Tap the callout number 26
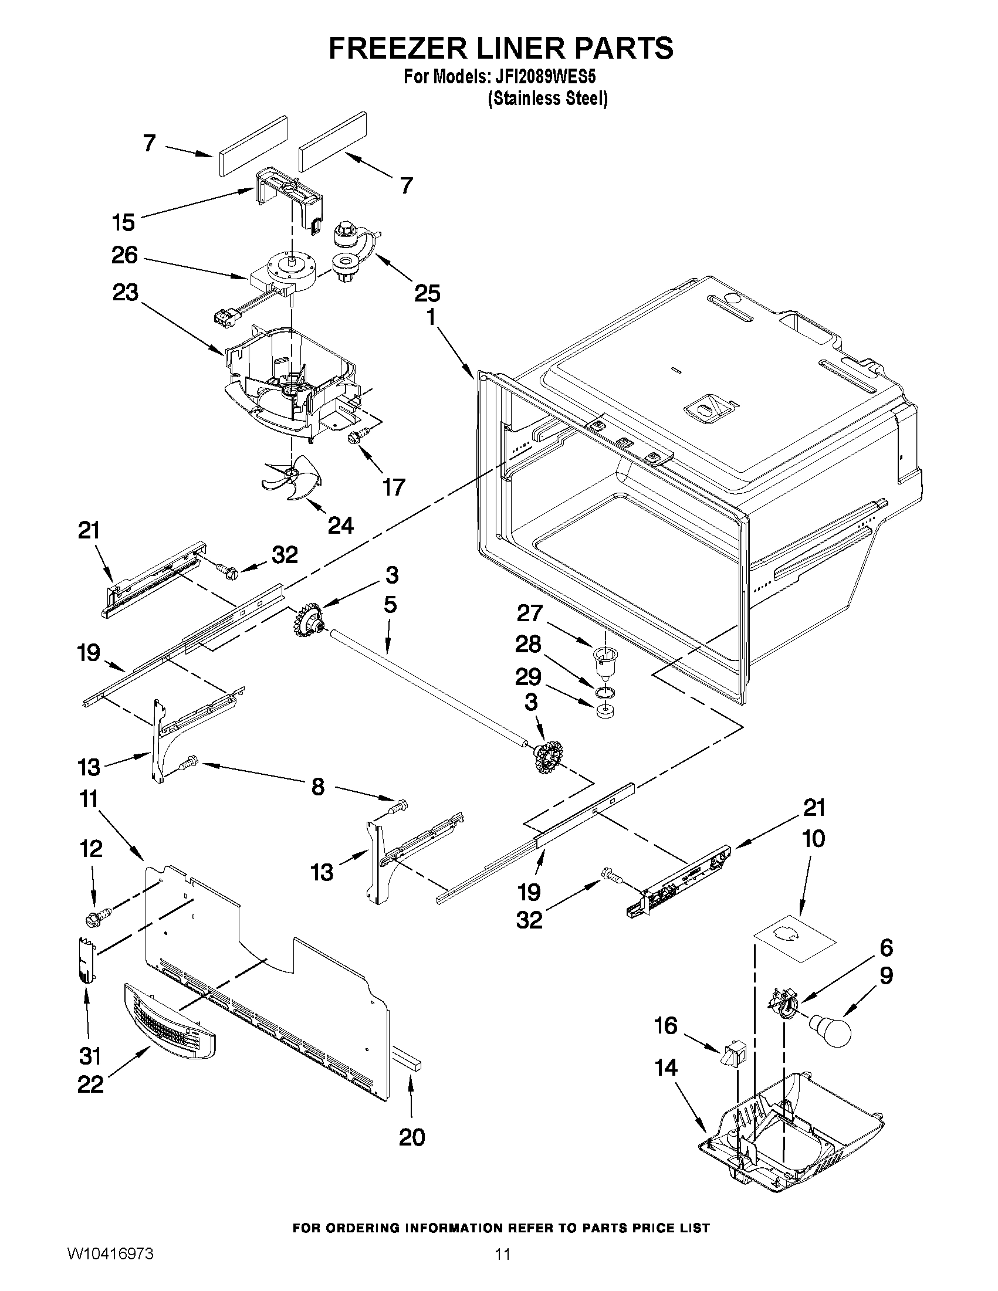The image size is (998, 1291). pyautogui.click(x=124, y=255)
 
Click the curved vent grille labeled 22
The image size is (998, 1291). pyautogui.click(x=170, y=1021)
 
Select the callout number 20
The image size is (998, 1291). pyautogui.click(x=412, y=1137)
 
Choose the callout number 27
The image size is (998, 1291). pyautogui.click(x=529, y=613)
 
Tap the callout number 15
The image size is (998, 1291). pyautogui.click(x=123, y=222)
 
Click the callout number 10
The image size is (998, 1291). pyautogui.click(x=814, y=838)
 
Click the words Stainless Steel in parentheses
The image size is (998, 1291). pyautogui.click(x=547, y=99)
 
